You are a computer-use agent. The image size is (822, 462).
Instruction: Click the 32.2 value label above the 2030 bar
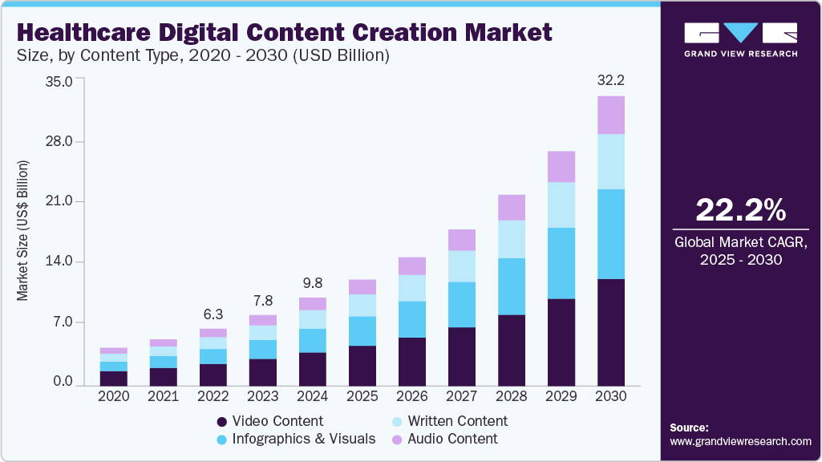tap(611, 81)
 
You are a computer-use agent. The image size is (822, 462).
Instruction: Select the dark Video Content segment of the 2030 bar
tap(611, 332)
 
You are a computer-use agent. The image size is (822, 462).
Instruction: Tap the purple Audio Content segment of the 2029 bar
tap(561, 167)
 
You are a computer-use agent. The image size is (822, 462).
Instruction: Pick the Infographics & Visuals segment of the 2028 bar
tap(512, 286)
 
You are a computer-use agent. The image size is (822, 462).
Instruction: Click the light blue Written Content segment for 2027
tap(462, 266)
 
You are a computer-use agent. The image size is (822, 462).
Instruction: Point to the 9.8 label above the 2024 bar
tap(313, 283)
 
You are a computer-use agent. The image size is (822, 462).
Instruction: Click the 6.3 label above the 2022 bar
tap(213, 314)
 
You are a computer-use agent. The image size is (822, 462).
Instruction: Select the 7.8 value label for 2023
tap(263, 301)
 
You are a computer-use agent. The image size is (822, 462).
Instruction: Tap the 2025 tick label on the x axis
tap(362, 396)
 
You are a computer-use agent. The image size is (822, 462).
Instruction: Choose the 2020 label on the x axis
tap(114, 396)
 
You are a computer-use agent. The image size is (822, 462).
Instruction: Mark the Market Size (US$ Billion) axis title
tap(22, 231)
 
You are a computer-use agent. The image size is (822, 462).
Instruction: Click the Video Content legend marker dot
tap(221, 422)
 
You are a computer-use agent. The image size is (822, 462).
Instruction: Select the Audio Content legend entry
tap(452, 439)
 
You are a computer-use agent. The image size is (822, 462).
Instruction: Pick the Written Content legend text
tap(457, 421)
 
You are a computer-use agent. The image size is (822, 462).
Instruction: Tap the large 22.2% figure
tap(740, 210)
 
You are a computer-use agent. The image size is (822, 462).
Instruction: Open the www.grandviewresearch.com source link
tap(740, 441)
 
